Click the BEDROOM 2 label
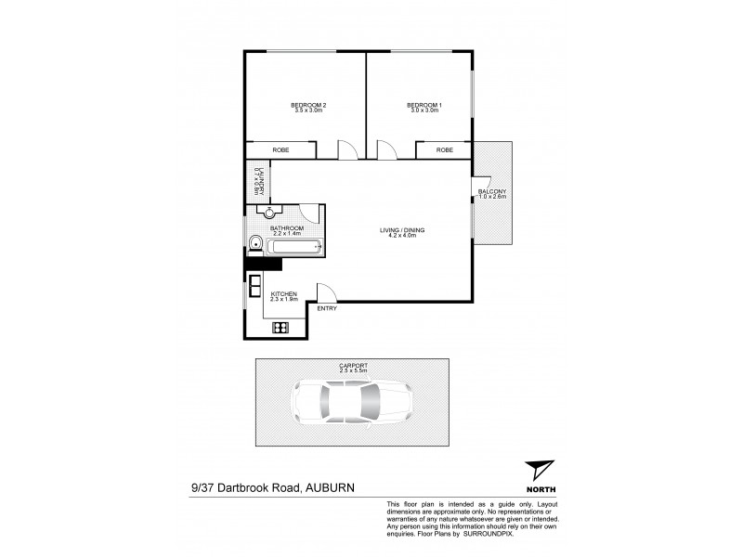[x=307, y=105]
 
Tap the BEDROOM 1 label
[x=424, y=105]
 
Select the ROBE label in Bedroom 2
[x=280, y=149]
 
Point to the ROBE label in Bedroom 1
[x=445, y=149]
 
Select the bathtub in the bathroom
[x=293, y=247]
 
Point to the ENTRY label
[x=327, y=308]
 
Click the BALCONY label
[x=492, y=191]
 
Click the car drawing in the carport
[x=349, y=404]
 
